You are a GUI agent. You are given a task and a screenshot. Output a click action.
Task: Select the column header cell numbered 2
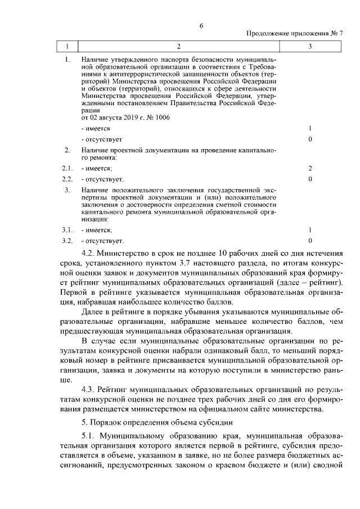click(179, 46)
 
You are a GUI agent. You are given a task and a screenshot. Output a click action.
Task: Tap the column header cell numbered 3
click(310, 46)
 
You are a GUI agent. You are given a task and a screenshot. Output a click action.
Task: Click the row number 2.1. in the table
click(67, 168)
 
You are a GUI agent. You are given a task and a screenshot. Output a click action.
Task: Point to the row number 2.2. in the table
click(67, 179)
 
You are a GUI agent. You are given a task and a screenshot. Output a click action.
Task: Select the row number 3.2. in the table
click(67, 241)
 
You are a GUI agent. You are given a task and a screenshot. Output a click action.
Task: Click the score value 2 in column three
click(310, 168)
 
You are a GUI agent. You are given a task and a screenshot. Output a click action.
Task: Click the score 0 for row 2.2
click(310, 179)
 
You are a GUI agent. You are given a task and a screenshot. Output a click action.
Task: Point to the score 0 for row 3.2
click(310, 241)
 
